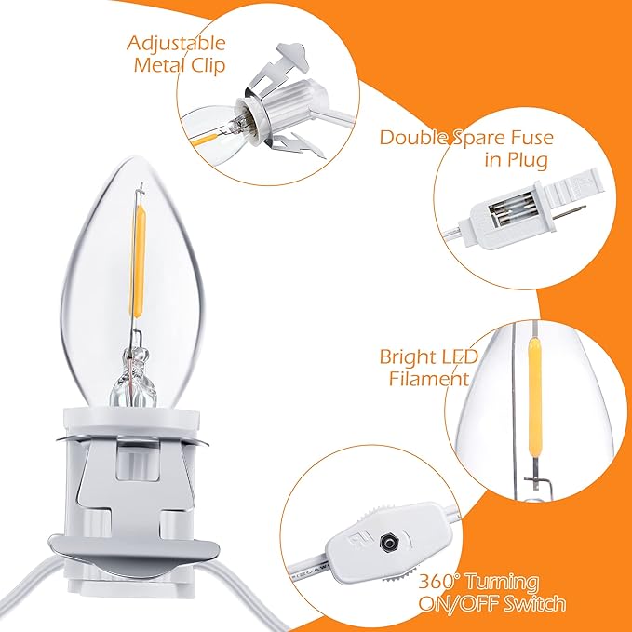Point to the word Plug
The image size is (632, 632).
click(528, 159)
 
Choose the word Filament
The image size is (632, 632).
click(429, 379)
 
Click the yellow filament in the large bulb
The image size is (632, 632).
click(138, 262)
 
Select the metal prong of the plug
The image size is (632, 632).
click(569, 212)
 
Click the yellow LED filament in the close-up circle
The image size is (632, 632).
click(534, 397)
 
